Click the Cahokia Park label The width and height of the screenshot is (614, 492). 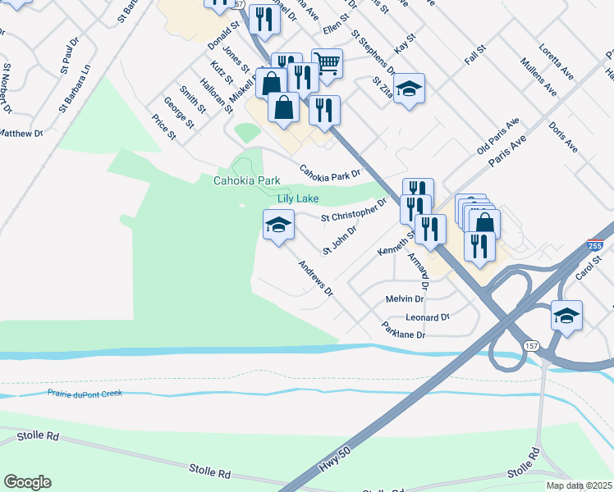tap(247, 181)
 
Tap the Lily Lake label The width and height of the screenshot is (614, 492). tap(296, 198)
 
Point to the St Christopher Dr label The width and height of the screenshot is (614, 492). tap(353, 211)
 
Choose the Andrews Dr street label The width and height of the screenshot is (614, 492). tap(316, 278)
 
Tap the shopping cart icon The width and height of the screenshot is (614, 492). tap(327, 62)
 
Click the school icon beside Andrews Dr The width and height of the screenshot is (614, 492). tap(278, 224)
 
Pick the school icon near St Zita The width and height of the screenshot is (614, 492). tap(409, 88)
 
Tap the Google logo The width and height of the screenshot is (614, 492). tap(27, 482)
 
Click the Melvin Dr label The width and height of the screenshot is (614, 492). tap(404, 300)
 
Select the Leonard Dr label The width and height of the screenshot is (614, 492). tap(428, 317)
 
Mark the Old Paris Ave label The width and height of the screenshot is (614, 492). tap(498, 136)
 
